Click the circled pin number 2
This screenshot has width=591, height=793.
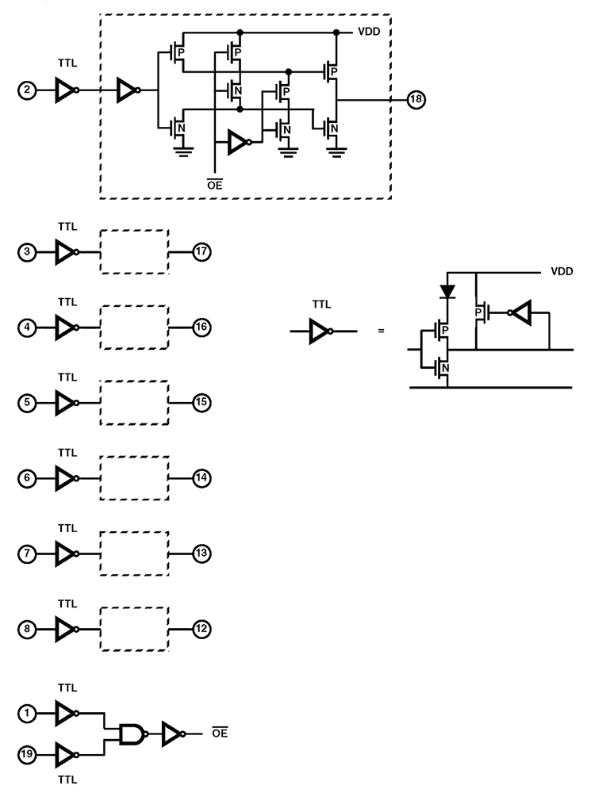click(x=27, y=90)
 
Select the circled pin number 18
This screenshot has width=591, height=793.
click(x=416, y=100)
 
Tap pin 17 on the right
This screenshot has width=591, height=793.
click(x=202, y=252)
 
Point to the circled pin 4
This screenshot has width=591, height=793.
click(x=27, y=327)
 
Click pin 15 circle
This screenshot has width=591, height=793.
click(x=202, y=402)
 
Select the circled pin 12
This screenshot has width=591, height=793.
click(x=202, y=629)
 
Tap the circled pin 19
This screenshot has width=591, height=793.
click(x=27, y=756)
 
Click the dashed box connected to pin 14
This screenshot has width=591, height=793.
click(x=135, y=478)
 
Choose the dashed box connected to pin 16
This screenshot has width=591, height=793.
click(x=135, y=327)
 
